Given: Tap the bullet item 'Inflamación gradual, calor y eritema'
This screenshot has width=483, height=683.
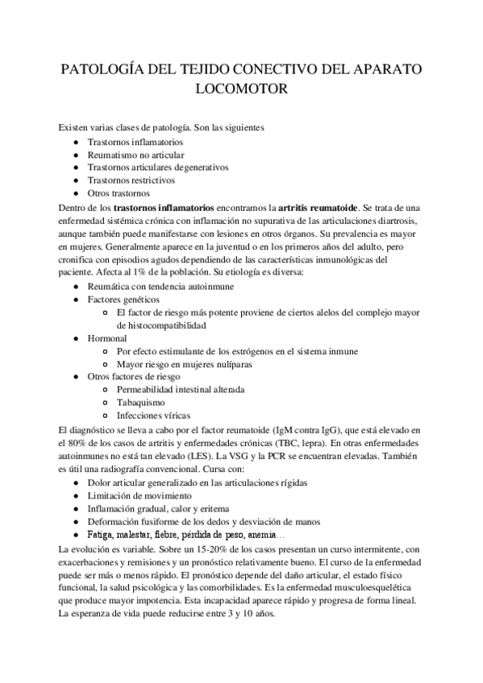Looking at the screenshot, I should tap(158, 508).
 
